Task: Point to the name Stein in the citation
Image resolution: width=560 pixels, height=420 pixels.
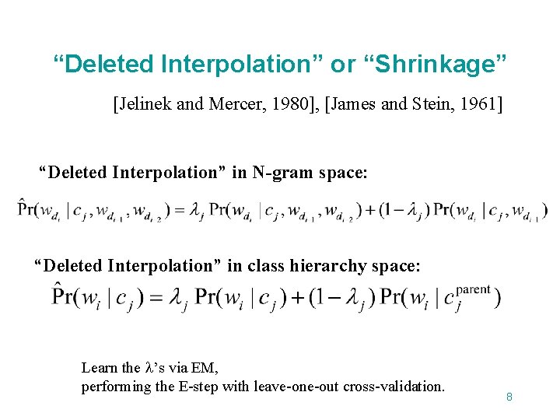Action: point(426,104)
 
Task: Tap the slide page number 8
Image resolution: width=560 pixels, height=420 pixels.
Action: point(509,397)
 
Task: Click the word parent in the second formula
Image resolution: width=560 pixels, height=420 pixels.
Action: point(473,289)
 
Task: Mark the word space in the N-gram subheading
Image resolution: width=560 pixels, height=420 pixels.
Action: point(344,172)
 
